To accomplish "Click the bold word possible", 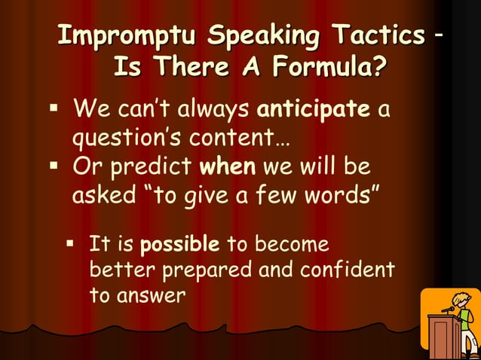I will [x=180, y=245].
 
